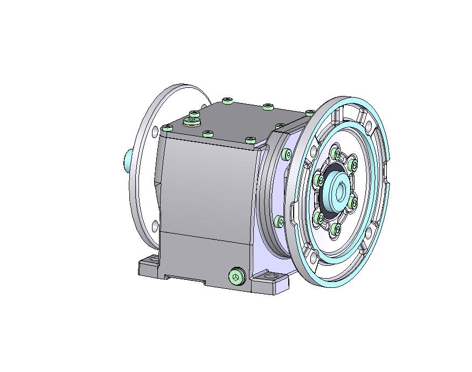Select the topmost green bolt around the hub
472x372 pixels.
337,154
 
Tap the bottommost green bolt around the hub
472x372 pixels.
337,230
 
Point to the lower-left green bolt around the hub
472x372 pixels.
320,218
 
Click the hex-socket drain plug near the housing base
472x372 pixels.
236,277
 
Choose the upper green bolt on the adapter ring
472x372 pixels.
287,155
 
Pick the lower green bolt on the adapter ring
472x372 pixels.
279,221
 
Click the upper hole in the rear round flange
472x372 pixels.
155,130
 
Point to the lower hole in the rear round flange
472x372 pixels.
155,225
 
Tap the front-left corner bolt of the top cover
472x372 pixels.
167,128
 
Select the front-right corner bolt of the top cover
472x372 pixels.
250,140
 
